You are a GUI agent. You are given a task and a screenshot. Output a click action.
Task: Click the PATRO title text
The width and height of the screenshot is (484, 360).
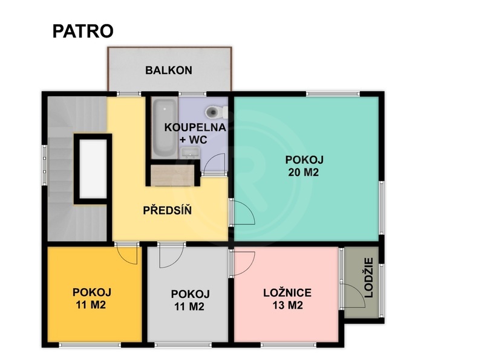(x=83, y=31)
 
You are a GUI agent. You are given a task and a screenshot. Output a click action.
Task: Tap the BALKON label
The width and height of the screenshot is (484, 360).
(x=169, y=70)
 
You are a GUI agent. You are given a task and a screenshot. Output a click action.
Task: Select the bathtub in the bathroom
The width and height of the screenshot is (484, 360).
(x=163, y=127)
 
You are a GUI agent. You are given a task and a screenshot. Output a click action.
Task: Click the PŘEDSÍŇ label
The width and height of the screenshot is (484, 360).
(x=168, y=211)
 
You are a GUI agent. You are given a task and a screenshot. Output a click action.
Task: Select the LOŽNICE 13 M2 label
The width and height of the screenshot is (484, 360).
(x=287, y=299)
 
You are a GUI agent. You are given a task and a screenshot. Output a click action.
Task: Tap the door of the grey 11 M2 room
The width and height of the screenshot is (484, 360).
(x=169, y=256)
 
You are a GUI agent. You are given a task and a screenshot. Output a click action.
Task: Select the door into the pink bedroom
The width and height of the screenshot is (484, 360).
(x=243, y=262)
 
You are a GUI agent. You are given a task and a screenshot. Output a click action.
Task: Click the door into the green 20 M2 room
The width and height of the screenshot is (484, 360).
(x=243, y=212)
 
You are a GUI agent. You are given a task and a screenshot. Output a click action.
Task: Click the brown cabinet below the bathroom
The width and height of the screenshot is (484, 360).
(x=174, y=176)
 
